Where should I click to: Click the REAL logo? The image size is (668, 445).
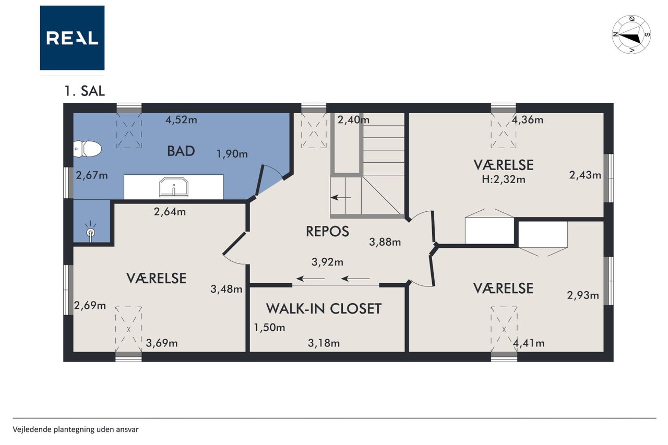[x=72, y=38]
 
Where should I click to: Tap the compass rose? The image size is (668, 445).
[x=631, y=35]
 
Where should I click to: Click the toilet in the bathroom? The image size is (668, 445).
[x=87, y=149]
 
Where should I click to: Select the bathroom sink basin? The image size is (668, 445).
[x=174, y=187]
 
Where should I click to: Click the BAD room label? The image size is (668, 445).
[x=181, y=151]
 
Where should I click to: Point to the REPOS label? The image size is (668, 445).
[x=327, y=231]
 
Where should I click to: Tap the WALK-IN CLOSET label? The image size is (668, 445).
[x=324, y=308]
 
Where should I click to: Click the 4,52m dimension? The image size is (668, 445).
[x=181, y=120]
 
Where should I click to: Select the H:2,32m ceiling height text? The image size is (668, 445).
[x=504, y=179]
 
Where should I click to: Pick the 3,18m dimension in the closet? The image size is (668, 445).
[x=324, y=343]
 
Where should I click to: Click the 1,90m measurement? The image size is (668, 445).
[x=232, y=154]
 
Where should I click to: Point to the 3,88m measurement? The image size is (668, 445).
[x=385, y=242]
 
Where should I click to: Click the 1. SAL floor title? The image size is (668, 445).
[x=85, y=91]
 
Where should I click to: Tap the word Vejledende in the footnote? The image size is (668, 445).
[x=32, y=429]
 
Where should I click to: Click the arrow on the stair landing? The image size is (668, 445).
[x=341, y=197]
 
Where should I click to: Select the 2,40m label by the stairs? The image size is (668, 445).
[x=353, y=120]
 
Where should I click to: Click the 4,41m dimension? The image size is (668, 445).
[x=529, y=343]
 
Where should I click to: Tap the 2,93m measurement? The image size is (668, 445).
[x=583, y=295]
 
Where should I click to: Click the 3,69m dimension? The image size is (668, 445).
[x=162, y=343]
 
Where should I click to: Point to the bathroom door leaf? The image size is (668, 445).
[x=259, y=180]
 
